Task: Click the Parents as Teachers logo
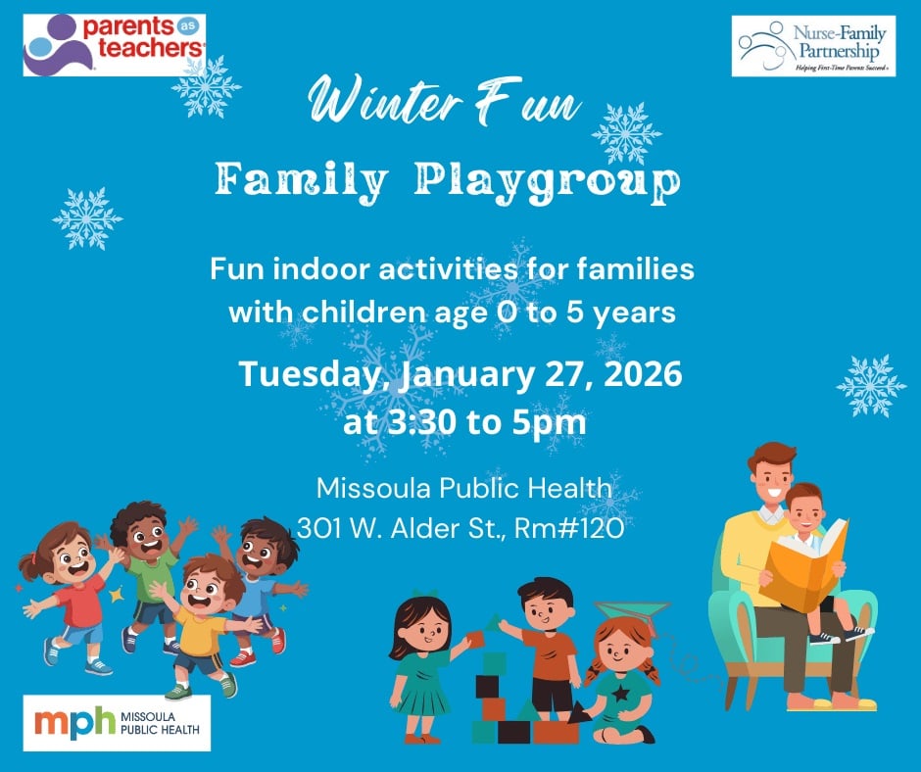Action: click(x=115, y=44)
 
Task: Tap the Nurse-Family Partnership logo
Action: click(x=813, y=46)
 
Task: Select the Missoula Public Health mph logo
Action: click(x=118, y=723)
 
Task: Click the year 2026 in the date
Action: click(x=633, y=375)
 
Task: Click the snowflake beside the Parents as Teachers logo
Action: click(x=207, y=86)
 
